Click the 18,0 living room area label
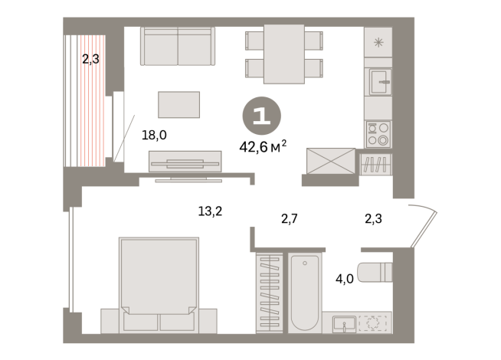154,135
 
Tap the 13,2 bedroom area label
210,211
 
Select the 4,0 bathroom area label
345,279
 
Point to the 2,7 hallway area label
289,219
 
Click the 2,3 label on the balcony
90,59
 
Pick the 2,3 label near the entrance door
373,219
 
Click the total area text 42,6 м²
263,146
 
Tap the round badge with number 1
262,116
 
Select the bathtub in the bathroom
304,293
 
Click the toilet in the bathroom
375,272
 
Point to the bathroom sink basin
344,324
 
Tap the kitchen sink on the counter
380,82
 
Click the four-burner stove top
378,134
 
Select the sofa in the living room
178,46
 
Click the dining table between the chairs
284,54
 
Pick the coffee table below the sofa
179,104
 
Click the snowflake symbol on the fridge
378,42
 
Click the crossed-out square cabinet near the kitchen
331,161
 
